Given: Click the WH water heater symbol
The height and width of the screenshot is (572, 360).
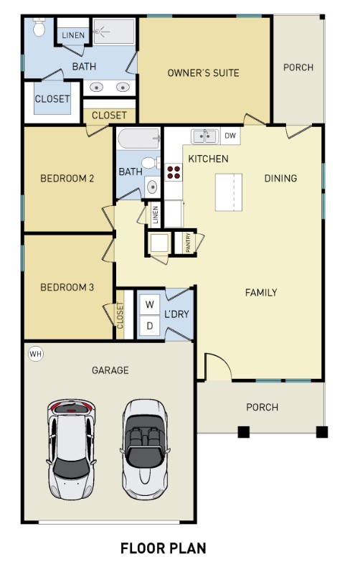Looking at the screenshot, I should point(35,353).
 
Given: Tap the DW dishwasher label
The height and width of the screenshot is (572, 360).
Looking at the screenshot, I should point(229,135).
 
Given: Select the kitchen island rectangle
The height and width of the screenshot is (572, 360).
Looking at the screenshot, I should point(229,192).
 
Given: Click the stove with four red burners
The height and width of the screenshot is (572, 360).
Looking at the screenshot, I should point(174,172).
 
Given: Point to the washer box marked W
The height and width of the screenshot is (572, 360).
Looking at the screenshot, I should point(150,304).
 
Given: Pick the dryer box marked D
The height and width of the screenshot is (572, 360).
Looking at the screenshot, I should point(150,325).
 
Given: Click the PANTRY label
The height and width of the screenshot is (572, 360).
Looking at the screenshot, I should point(188,243).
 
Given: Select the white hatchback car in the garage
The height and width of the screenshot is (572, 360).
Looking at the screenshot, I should point(72,448).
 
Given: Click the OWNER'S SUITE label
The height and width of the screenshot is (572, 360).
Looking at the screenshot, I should point(203,72).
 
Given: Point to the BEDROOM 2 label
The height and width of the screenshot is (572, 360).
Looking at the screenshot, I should point(67,178).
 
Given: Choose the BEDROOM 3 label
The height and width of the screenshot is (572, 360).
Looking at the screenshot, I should point(67,288).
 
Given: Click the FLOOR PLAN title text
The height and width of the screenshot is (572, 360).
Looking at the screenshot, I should point(163,549).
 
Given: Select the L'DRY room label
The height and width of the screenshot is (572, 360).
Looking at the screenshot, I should point(176,314).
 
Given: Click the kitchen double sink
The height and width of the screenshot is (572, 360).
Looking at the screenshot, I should point(204,135).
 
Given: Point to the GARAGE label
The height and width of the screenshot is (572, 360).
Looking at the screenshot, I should point(110,370).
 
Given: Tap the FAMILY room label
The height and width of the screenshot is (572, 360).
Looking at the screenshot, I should point(261,292).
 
